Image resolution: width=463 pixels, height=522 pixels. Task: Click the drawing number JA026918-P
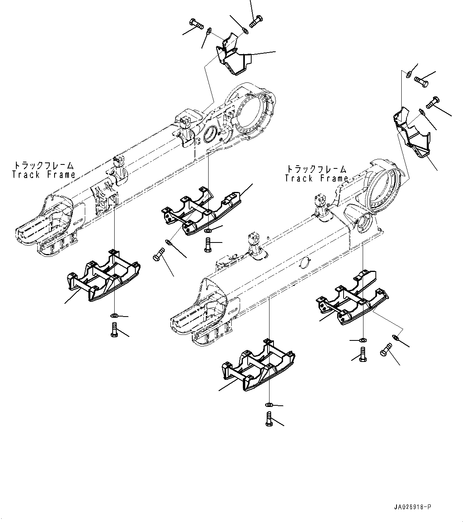tap(412, 507)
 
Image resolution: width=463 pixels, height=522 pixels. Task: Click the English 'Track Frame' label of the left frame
tap(43, 174)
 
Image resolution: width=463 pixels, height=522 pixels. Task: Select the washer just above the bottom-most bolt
tap(270, 405)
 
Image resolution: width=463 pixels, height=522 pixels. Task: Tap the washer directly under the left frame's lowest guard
tap(114, 316)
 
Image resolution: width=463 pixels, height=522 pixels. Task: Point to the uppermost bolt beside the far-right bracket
tap(420, 79)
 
